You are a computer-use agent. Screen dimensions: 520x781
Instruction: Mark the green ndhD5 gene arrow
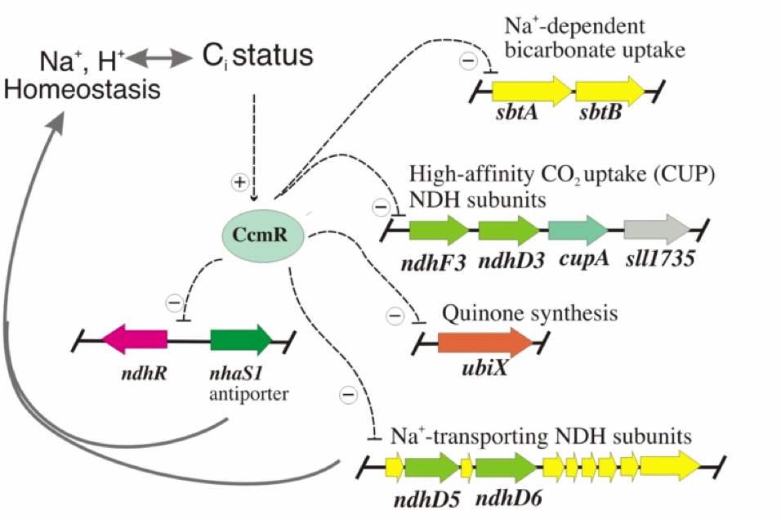click(x=432, y=468)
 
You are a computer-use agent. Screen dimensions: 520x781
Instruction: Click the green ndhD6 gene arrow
click(x=505, y=468)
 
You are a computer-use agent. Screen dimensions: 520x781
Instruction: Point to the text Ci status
click(x=257, y=56)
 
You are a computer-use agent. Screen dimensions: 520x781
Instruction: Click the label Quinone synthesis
click(x=529, y=313)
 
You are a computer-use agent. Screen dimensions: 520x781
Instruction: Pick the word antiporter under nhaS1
click(x=242, y=396)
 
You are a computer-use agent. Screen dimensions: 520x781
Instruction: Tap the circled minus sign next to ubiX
click(x=395, y=315)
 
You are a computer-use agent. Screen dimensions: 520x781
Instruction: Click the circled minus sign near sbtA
click(x=469, y=60)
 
